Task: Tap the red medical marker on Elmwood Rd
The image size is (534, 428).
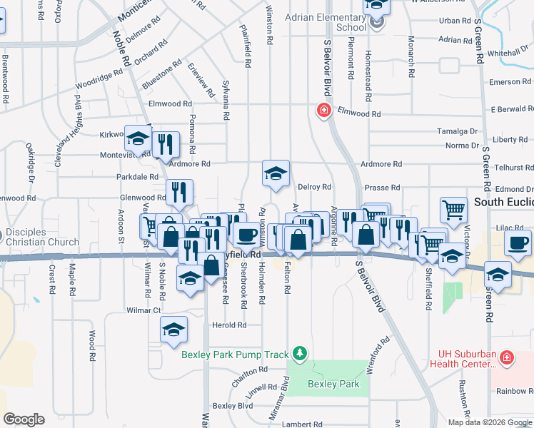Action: pos(323,111)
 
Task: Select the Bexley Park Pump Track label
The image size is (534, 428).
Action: pos(235,355)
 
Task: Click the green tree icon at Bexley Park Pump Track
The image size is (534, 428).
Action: pos(301,353)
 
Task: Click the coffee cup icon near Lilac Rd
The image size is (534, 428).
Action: pos(517,243)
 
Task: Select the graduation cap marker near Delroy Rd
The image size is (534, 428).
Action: pos(276,173)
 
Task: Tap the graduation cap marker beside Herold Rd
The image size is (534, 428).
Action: pos(173,330)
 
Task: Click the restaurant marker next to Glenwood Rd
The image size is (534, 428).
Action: pos(179,191)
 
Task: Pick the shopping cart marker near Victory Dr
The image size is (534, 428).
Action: pos(453,210)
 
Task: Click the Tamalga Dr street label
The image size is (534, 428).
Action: pos(458,132)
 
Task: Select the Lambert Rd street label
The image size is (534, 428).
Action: pos(302,424)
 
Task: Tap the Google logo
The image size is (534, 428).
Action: pos(24,419)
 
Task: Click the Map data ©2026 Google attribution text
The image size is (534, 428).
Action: pos(489,422)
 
